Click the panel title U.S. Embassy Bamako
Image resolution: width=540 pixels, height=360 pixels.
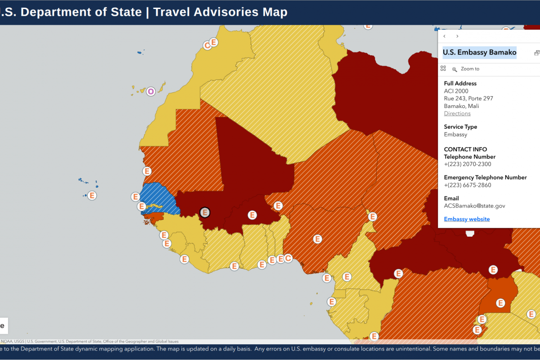[479, 52]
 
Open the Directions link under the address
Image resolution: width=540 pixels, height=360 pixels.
[457, 113]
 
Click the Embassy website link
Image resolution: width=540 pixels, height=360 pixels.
[467, 219]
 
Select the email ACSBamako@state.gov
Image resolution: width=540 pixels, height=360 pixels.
[474, 206]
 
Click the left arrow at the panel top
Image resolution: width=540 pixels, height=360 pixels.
[445, 36]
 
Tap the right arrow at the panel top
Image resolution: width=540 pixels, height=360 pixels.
[457, 36]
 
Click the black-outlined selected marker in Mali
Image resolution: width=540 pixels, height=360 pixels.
[205, 212]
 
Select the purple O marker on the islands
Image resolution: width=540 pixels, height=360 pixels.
[151, 91]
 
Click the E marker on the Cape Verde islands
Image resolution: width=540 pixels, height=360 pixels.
[92, 196]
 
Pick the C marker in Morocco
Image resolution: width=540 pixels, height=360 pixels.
[207, 45]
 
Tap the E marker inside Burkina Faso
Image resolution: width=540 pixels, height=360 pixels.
[252, 215]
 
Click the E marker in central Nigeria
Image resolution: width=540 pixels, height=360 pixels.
[318, 239]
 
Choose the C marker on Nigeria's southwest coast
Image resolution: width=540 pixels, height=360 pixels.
[288, 258]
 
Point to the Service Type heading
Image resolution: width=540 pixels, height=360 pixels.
[460, 127]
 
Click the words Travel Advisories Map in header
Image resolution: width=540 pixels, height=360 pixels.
[220, 12]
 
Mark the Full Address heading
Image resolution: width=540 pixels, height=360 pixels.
[460, 83]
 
